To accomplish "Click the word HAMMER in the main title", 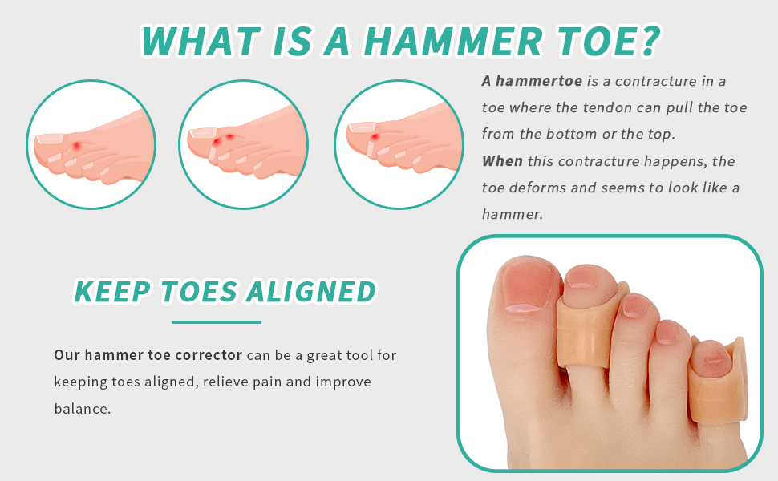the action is click(x=453, y=41).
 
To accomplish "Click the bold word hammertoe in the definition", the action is click(x=539, y=81).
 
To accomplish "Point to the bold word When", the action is click(x=502, y=161).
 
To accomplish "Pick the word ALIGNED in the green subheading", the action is click(x=311, y=292).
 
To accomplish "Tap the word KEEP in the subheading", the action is click(x=112, y=292).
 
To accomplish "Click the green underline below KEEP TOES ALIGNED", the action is click(x=217, y=322).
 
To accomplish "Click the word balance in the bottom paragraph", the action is click(x=82, y=409).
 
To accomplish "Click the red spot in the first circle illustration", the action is click(x=77, y=146).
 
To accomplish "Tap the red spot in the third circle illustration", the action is click(x=375, y=136).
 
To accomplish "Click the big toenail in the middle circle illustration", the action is click(x=204, y=132).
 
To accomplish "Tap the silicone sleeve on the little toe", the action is click(x=719, y=382).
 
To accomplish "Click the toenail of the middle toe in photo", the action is click(x=634, y=305).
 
